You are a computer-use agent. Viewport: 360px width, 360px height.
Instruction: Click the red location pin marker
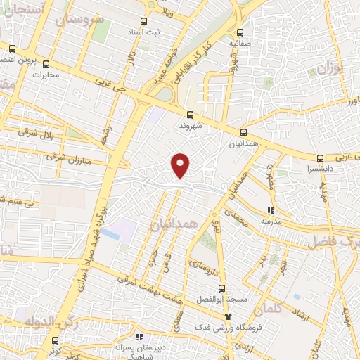pyautogui.click(x=181, y=165)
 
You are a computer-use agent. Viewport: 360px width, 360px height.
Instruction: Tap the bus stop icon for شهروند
pyautogui.click(x=189, y=115)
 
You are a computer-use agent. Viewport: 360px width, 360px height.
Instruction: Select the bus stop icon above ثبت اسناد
pyautogui.click(x=144, y=20)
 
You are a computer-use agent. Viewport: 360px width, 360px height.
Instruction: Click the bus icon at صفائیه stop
pyautogui.click(x=240, y=32)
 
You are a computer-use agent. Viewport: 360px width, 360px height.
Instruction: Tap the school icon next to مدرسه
pyautogui.click(x=271, y=210)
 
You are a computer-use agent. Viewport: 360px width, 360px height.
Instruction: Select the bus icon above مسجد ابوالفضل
pyautogui.click(x=222, y=288)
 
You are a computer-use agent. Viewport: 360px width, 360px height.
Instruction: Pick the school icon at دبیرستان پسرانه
pyautogui.click(x=139, y=336)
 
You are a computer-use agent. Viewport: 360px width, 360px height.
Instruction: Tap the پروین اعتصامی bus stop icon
pyautogui.click(x=13, y=49)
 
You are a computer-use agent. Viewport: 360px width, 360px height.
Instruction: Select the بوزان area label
pyautogui.click(x=328, y=69)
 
